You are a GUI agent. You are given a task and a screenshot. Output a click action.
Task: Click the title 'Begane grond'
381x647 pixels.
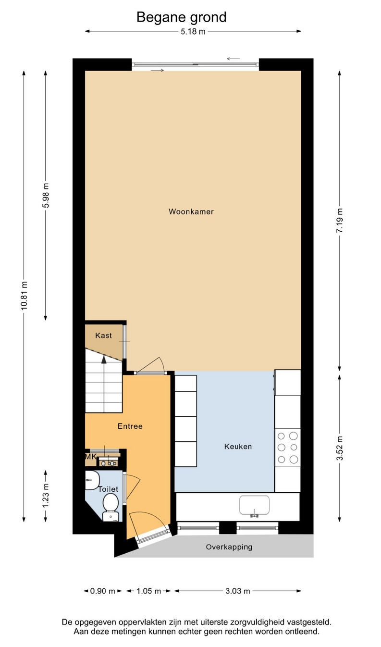point(181,17)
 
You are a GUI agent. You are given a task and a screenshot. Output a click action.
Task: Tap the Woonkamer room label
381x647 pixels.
point(191,212)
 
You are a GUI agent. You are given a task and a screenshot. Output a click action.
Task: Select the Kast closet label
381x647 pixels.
point(103,336)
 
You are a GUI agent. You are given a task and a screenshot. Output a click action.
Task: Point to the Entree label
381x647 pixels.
point(130,426)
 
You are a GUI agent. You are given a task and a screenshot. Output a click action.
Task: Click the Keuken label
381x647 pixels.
point(238,447)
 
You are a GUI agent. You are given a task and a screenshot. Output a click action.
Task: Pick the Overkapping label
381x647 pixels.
point(229,547)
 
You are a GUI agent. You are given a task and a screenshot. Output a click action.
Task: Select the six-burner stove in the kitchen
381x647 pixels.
point(287,448)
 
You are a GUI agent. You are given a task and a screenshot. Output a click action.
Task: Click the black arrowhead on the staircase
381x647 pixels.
point(104,359)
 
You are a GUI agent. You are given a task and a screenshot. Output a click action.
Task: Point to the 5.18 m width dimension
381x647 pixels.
point(193,31)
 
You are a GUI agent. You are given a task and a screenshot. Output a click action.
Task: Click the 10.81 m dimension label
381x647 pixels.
point(24,296)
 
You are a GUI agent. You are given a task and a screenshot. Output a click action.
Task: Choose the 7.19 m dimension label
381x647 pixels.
point(340,220)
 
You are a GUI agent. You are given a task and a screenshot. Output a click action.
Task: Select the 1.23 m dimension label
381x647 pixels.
point(46,496)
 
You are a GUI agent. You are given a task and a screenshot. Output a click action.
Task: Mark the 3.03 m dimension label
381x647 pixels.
point(238,591)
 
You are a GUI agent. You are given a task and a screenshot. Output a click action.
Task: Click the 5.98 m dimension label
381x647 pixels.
point(46,195)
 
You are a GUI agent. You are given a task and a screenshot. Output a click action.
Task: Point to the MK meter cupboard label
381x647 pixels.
point(90,457)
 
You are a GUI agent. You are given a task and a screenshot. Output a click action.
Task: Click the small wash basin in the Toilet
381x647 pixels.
point(92,480)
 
